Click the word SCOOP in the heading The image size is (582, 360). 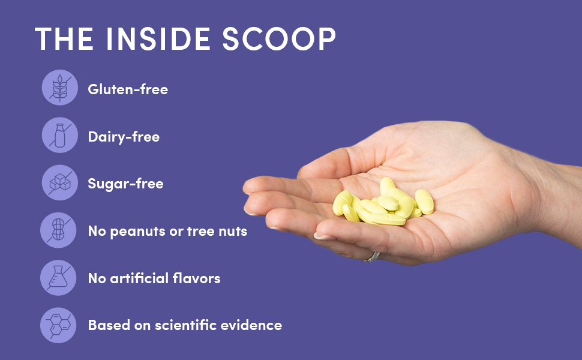[279, 38]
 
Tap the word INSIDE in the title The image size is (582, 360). [158, 38]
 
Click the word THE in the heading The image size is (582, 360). [64, 38]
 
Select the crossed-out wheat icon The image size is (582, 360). [60, 88]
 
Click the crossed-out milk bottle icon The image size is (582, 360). [60, 136]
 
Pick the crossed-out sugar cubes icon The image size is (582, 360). [60, 182]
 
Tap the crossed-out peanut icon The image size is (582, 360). [58, 230]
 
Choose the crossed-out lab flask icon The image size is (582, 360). [58, 278]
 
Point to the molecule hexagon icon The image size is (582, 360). [58, 325]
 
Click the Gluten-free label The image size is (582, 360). [128, 89]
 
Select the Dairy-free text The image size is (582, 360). [124, 137]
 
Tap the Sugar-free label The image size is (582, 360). [125, 184]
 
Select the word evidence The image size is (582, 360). [251, 325]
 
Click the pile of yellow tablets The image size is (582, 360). [383, 203]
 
